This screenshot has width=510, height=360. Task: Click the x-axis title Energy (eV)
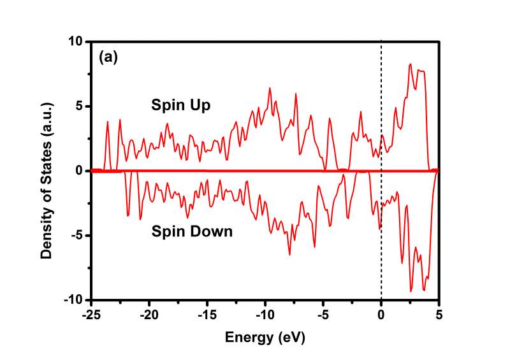pyautogui.click(x=265, y=337)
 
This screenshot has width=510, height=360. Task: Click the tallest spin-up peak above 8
pyautogui.click(x=411, y=64)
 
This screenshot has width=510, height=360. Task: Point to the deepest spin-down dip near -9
pyautogui.click(x=411, y=292)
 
